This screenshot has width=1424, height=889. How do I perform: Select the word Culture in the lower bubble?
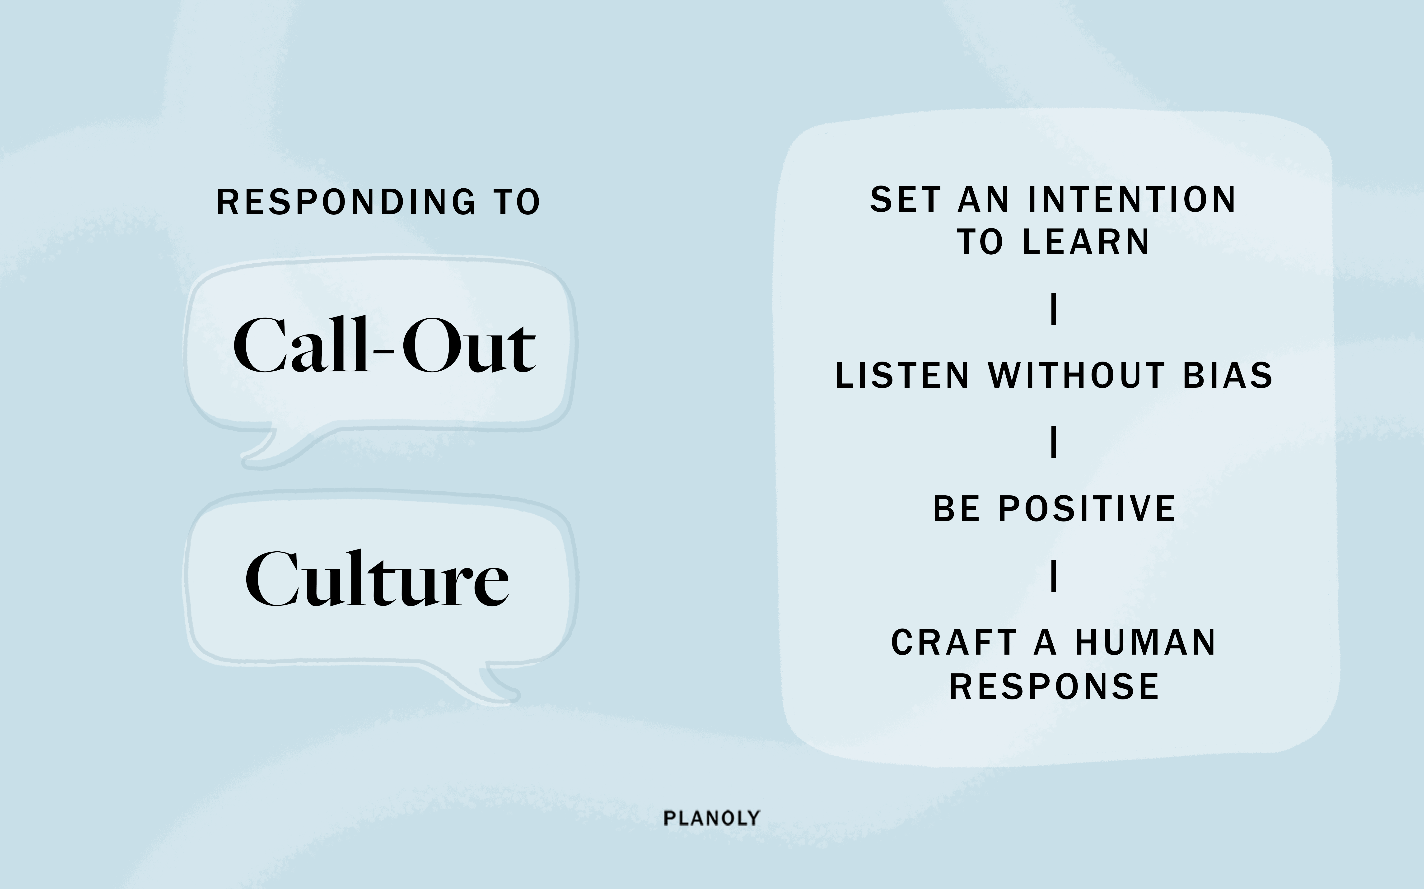(377, 579)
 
